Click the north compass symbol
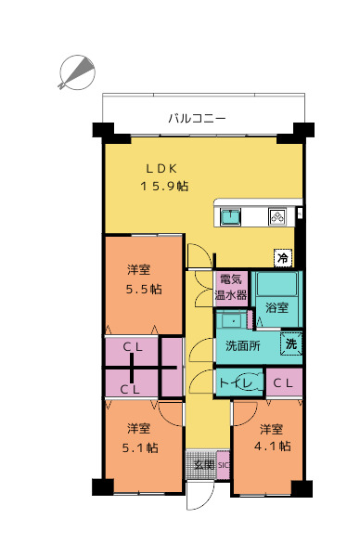pos(77,72)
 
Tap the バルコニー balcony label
pos(197,118)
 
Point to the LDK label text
pos(161,169)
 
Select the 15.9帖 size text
pos(164,186)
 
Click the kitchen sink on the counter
pos(230,216)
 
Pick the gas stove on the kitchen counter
pos(277,216)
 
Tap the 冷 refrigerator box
pos(283,257)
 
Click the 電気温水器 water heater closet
pos(231,288)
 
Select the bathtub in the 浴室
pos(276,284)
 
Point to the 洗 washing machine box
pos(291,343)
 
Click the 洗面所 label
pos(243,345)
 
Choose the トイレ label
pos(236,382)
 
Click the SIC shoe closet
pos(224,465)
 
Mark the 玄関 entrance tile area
pos(201,465)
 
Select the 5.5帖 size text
pos(144,289)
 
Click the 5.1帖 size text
pos(140,447)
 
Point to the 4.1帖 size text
pos(272,446)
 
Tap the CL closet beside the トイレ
pos(284,382)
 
